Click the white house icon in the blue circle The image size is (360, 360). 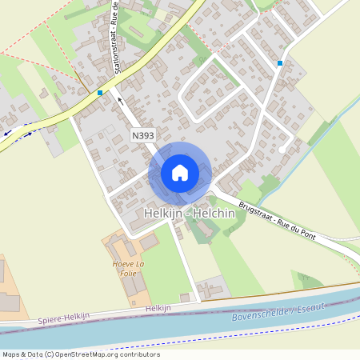coord(179,173)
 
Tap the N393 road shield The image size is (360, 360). coord(143,137)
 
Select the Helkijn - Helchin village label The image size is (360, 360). coord(190,214)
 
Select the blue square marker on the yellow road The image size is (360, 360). coord(99,93)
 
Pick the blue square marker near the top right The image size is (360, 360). coord(280,62)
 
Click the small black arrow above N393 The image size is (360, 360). coord(120,101)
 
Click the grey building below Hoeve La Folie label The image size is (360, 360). coord(134,284)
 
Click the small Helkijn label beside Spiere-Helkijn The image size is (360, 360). coord(159,308)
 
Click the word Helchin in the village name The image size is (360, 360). coord(214,214)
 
